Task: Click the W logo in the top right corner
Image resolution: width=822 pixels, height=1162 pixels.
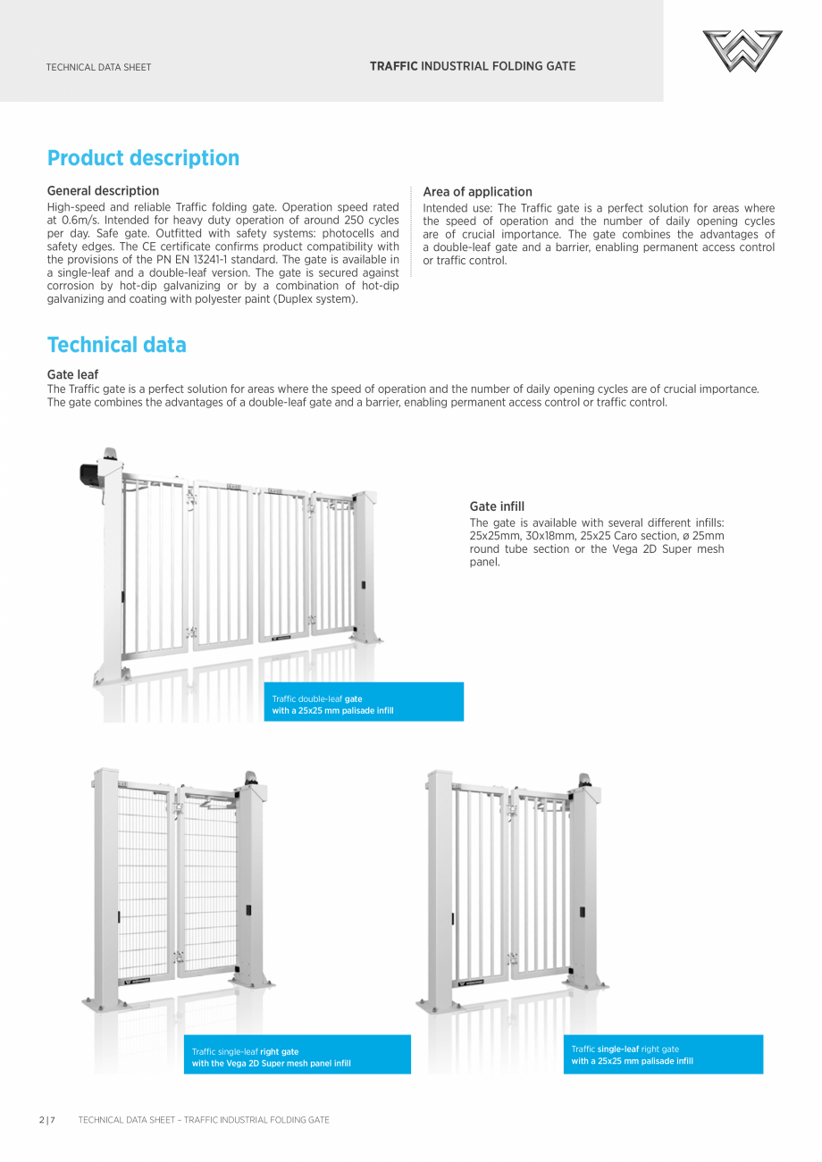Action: click(x=742, y=51)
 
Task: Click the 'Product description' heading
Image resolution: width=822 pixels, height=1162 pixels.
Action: click(x=143, y=158)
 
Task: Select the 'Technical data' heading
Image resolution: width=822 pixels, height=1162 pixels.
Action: click(x=116, y=345)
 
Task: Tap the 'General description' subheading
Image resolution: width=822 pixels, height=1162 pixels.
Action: click(x=103, y=190)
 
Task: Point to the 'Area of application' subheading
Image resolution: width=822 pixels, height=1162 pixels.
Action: click(x=477, y=192)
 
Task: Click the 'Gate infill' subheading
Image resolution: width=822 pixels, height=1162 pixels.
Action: click(x=497, y=506)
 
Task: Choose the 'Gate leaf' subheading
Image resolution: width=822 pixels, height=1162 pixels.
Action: click(x=72, y=374)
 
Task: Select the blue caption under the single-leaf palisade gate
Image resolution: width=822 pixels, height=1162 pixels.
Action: click(x=663, y=1055)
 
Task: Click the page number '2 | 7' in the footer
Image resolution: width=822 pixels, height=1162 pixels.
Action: click(x=46, y=1120)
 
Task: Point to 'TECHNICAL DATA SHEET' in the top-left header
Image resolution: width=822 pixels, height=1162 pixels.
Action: click(x=98, y=67)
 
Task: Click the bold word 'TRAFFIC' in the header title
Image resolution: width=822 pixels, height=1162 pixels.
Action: click(x=393, y=66)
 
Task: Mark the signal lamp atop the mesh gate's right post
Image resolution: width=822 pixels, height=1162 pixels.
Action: click(x=249, y=778)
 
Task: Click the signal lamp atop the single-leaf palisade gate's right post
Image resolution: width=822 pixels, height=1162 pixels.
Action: click(x=583, y=781)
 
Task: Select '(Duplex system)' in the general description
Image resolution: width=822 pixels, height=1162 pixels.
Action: click(x=316, y=299)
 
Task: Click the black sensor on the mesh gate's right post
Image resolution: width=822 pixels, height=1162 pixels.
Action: click(x=248, y=910)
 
